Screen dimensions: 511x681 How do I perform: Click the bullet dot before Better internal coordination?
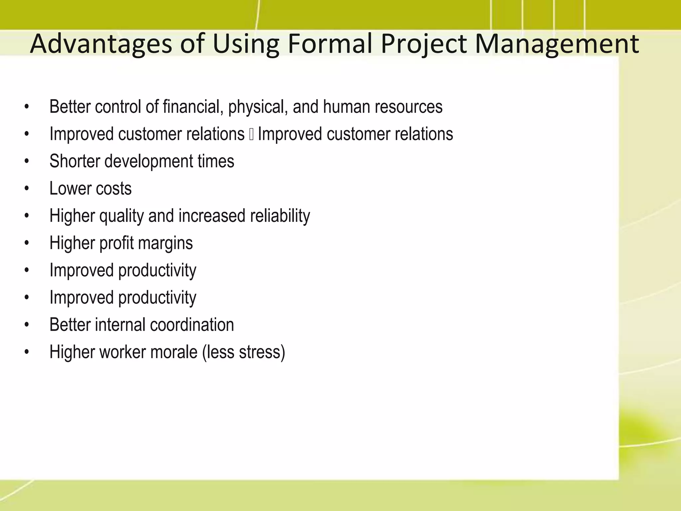tap(27, 325)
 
